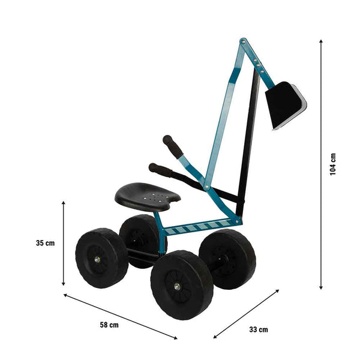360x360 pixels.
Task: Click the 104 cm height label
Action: (x=334, y=164)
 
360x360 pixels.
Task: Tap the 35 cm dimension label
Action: (x=45, y=243)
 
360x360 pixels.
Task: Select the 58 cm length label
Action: (x=109, y=325)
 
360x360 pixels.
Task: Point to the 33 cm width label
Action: (x=258, y=329)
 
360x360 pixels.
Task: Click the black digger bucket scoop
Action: (x=285, y=105)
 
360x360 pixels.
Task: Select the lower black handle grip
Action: (x=160, y=170)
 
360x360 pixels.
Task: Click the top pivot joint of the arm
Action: (x=243, y=43)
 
